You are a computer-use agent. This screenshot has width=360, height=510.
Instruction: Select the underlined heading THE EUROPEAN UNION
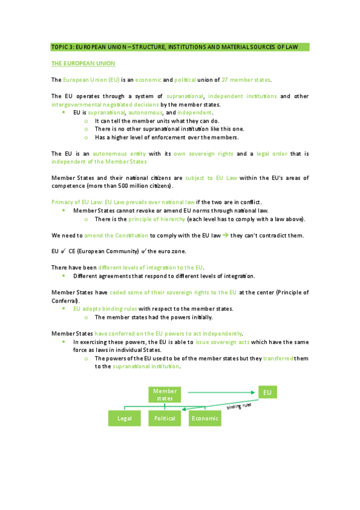click(x=83, y=63)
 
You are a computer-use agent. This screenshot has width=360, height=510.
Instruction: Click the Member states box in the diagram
click(x=165, y=395)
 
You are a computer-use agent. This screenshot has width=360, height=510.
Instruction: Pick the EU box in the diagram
click(x=267, y=393)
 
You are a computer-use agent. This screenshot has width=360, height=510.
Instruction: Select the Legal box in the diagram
click(x=124, y=418)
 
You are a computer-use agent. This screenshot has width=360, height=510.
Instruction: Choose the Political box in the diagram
click(x=165, y=418)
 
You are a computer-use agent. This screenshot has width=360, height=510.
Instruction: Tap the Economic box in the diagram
click(x=205, y=418)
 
